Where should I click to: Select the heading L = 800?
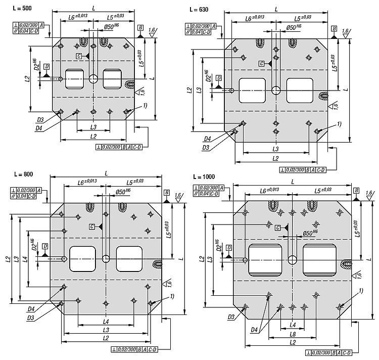[23, 174]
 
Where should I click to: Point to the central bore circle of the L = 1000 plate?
[292, 260]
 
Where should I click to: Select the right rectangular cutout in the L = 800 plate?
[129, 258]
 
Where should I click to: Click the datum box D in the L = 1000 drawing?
[229, 247]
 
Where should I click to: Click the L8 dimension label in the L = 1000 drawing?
[293, 334]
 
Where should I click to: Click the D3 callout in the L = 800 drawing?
[31, 318]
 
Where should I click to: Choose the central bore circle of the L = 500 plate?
[93, 78]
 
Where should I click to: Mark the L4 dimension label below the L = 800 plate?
[106, 321]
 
